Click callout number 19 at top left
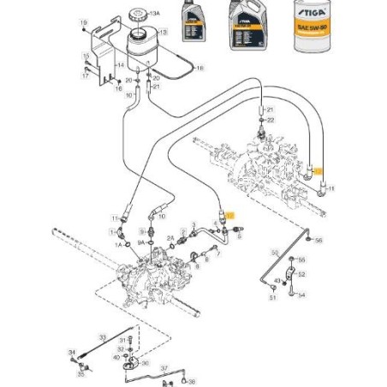84,21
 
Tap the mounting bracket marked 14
121,64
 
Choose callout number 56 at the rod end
319,241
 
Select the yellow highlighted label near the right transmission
319,170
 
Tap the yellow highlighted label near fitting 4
228,218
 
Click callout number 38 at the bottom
192,382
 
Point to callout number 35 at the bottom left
80,373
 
